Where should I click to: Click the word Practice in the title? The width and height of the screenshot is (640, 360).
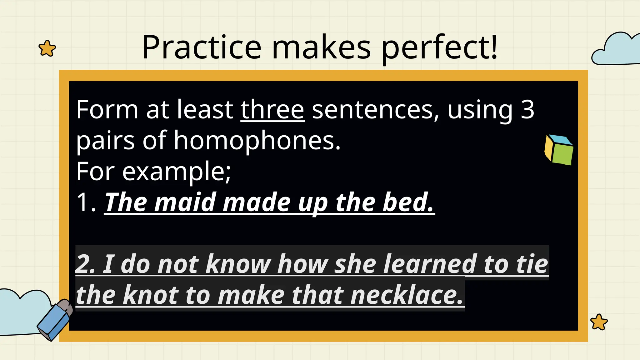pos(202,47)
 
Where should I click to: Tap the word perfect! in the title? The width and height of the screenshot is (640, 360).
pos(439,47)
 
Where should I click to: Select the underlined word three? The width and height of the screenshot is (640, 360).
pos(272,110)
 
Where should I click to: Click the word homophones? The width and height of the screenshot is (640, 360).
pos(257,141)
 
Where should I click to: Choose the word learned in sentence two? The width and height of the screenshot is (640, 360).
pos(430,264)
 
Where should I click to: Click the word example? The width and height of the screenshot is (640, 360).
pos(176,172)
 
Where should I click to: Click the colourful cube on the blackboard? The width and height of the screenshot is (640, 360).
pos(559,149)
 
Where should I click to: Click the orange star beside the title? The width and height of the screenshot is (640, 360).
pos(47,48)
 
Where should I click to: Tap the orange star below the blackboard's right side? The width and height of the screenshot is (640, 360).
pos(599,322)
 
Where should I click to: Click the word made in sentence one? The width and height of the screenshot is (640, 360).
pos(256,202)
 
